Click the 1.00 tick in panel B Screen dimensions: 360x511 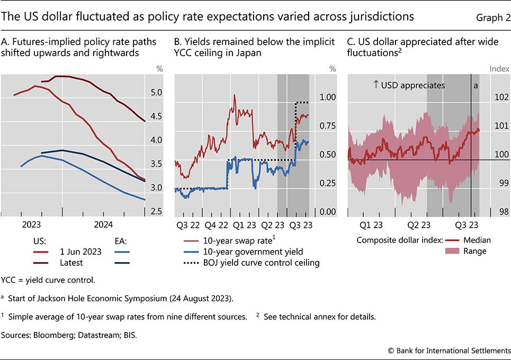(x=327, y=97)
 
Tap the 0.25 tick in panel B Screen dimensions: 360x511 (x=327, y=183)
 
